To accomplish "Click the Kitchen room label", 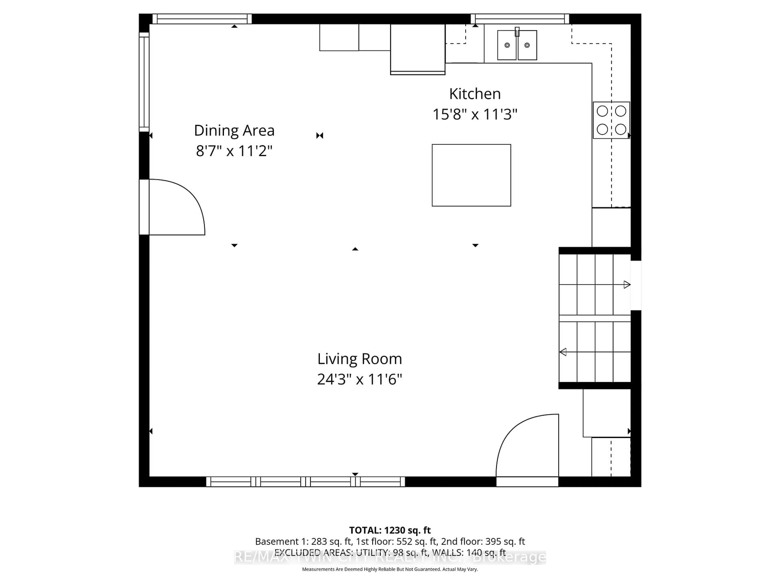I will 475,94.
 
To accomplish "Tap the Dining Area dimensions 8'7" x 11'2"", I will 234,151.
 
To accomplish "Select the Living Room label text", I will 359,359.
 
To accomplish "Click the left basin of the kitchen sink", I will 507,45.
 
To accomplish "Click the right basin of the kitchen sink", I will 527,45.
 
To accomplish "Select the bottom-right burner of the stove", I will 620,129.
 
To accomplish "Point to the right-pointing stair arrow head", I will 627,285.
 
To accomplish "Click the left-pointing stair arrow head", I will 563,352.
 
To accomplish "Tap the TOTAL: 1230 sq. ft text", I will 390,530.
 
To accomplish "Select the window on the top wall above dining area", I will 202,19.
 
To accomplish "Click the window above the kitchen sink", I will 520,19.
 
